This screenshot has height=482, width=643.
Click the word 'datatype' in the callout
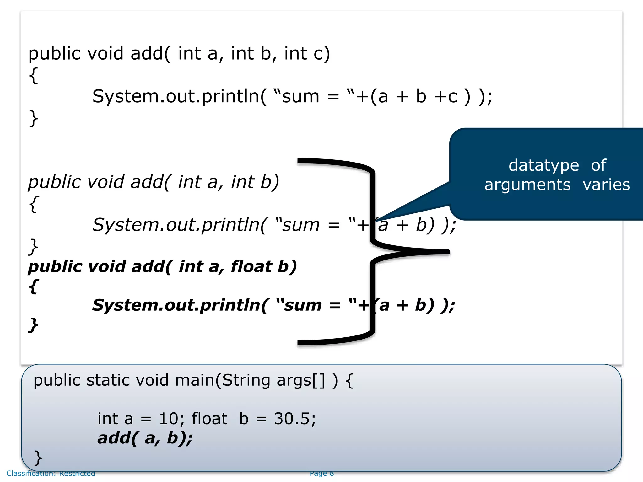(x=543, y=166)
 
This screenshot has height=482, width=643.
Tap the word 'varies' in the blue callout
(x=606, y=185)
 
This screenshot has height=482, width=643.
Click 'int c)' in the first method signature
(x=307, y=53)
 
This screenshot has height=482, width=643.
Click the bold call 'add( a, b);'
(x=145, y=438)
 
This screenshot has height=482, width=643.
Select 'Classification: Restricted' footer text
(x=51, y=473)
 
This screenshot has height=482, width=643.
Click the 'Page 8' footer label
(x=321, y=473)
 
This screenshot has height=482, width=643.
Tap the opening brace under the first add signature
(x=33, y=75)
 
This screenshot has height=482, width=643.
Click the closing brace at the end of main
(x=38, y=458)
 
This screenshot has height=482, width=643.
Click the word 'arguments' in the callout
(x=527, y=185)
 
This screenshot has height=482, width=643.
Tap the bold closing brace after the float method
(x=33, y=325)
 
